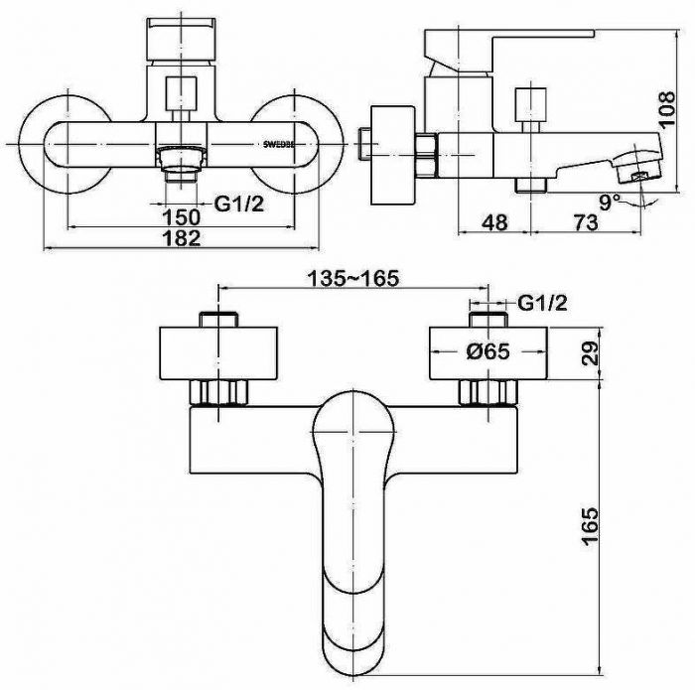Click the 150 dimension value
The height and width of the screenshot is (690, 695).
[182, 217]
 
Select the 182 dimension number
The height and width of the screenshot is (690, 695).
[182, 238]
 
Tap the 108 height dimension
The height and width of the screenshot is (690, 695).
[666, 109]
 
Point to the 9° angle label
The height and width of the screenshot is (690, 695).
[610, 203]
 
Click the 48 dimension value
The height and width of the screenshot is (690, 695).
[494, 222]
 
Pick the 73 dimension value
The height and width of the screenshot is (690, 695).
[586, 222]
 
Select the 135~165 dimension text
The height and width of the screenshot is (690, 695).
[353, 278]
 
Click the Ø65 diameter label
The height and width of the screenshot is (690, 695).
[488, 351]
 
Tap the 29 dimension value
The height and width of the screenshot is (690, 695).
[590, 353]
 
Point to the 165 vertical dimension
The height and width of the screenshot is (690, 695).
[590, 526]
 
